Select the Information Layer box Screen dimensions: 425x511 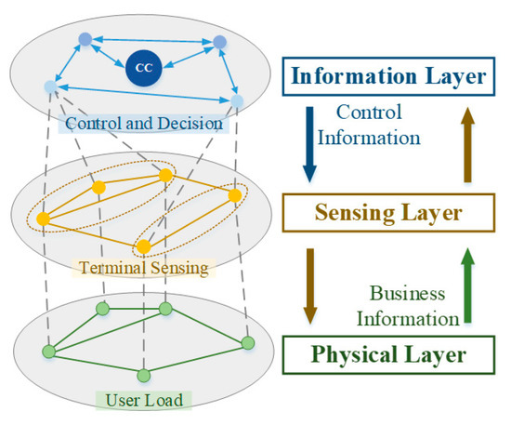point(386,76)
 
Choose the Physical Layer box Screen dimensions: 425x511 point(386,354)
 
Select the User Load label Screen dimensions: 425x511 point(143,400)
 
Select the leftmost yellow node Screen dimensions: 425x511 point(43,219)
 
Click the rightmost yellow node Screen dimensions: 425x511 point(235,195)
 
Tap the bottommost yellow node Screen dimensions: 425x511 point(143,246)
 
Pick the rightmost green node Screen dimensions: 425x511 point(247,343)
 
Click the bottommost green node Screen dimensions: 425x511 point(143,375)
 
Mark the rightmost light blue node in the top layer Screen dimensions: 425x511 point(237,100)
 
